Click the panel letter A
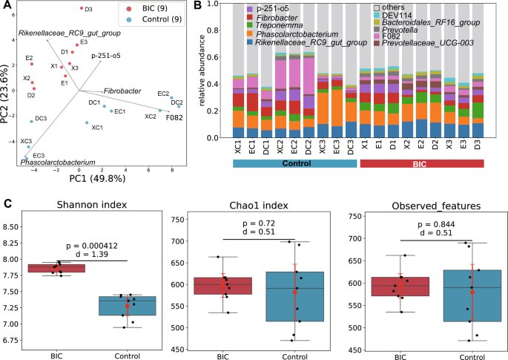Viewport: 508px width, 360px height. (7, 7)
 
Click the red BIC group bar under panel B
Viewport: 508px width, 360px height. (421, 163)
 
